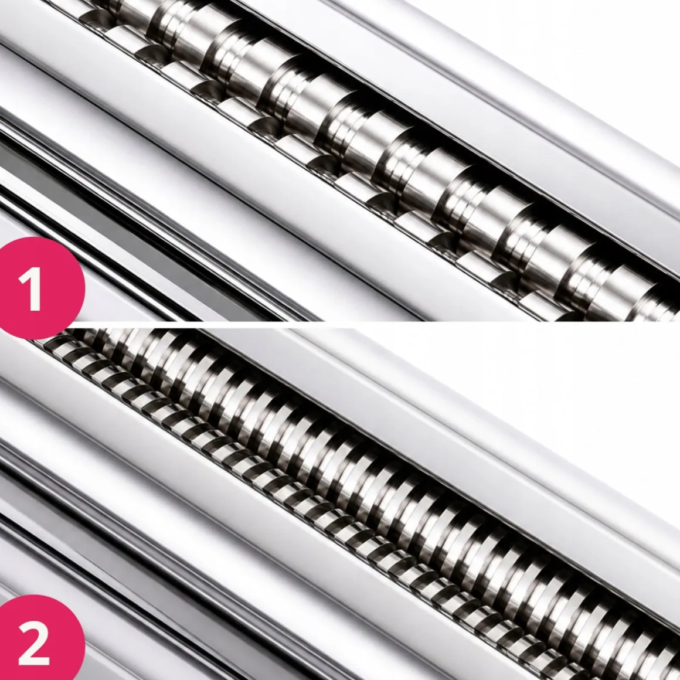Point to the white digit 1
[31, 288]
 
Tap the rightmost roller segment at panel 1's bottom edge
[655, 306]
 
